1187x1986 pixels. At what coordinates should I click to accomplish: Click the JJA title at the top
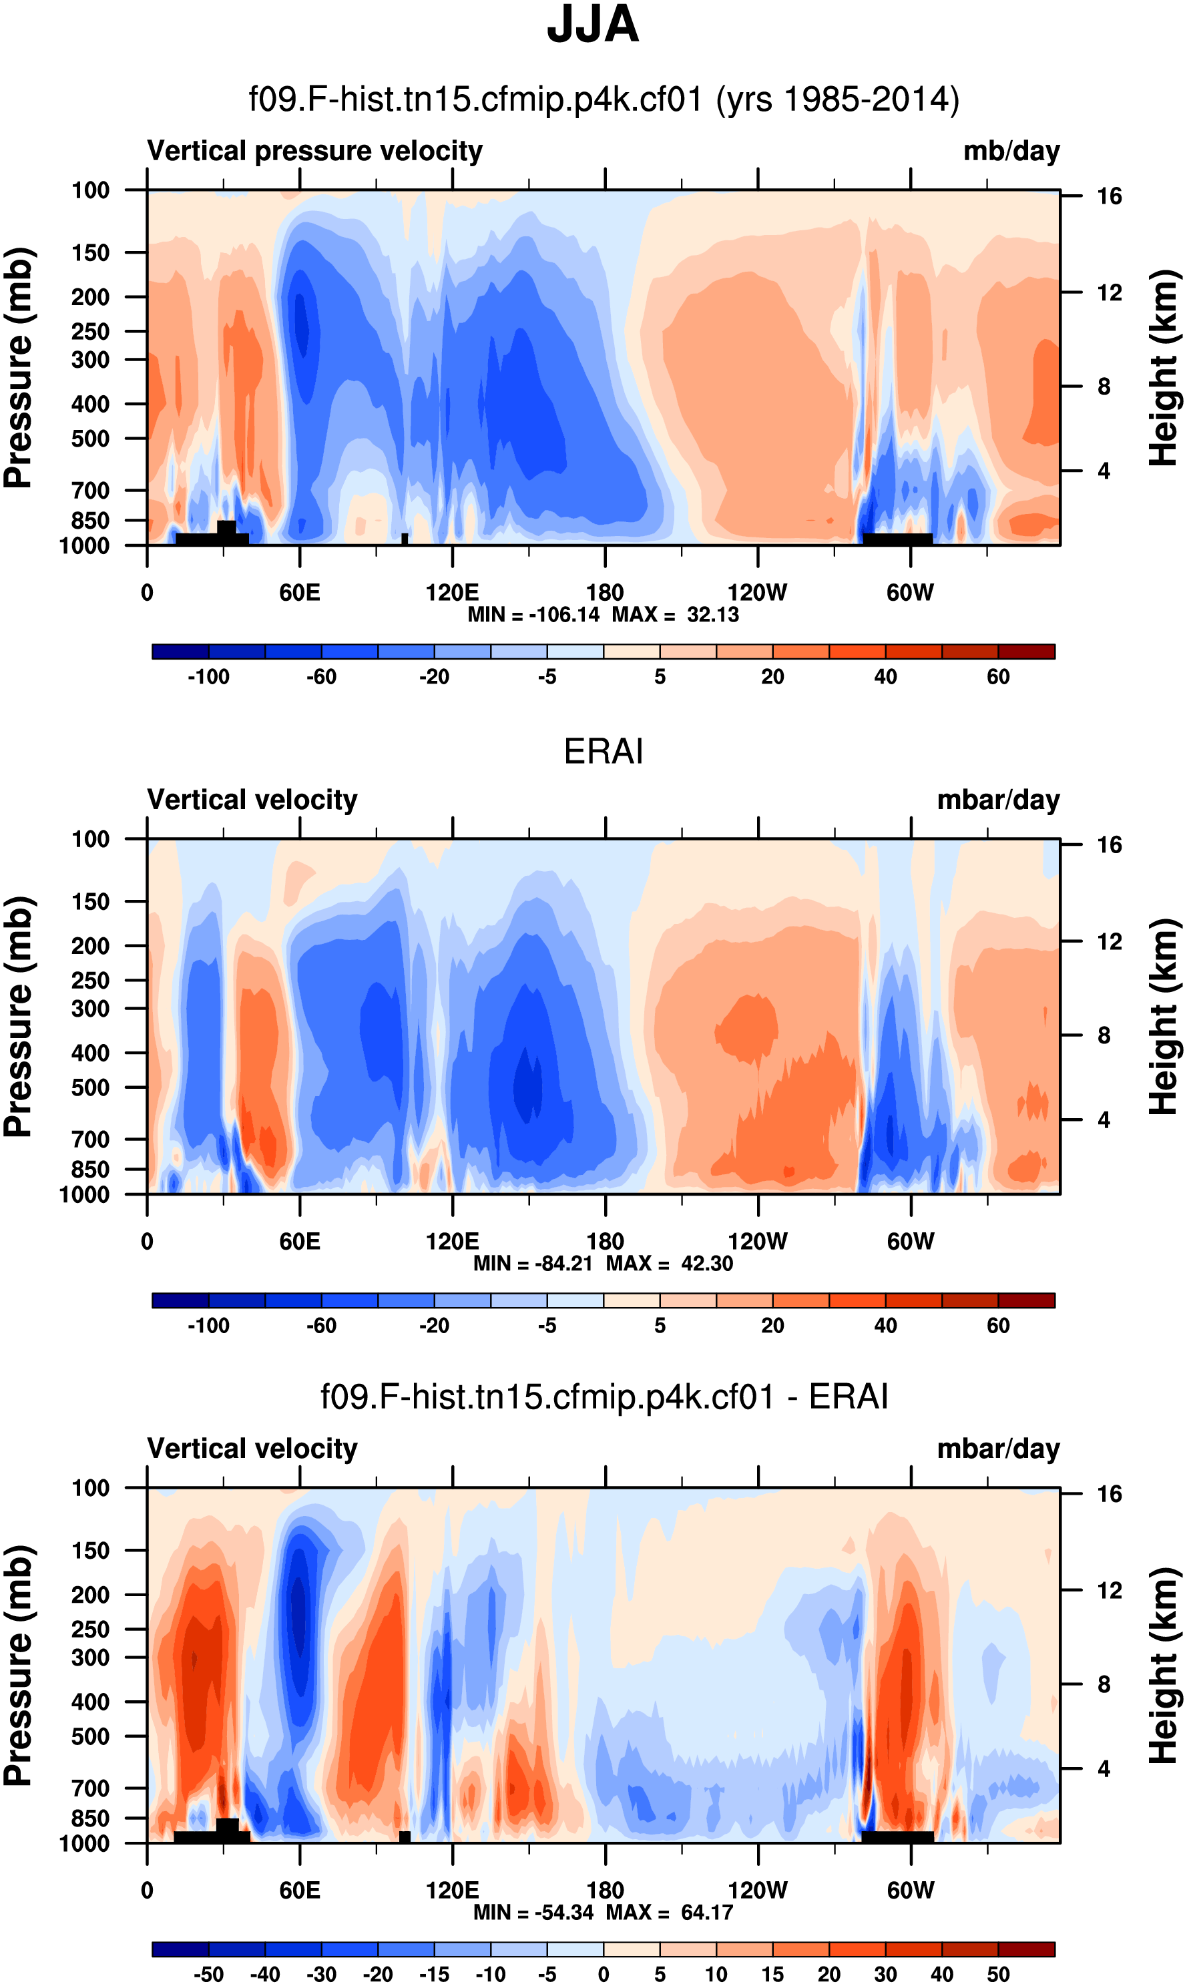593,25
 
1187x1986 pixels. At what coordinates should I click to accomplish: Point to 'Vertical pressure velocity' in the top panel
314,151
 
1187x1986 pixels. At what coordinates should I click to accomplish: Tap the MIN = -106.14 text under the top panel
533,614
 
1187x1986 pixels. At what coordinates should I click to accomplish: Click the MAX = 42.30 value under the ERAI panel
670,1263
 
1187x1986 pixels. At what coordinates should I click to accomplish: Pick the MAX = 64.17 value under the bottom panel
670,1912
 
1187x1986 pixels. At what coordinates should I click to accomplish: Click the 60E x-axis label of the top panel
300,593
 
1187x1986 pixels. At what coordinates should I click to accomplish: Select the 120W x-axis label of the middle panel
758,1242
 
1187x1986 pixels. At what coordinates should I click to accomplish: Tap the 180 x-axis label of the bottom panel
605,1890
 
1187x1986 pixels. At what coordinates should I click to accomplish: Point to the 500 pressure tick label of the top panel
89,439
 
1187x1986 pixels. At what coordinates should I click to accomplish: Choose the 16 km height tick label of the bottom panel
1109,1494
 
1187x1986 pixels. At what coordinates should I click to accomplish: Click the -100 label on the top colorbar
208,677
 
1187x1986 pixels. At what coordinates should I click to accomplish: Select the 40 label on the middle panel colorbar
885,1325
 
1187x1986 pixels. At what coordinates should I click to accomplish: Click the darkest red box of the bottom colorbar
1026,1949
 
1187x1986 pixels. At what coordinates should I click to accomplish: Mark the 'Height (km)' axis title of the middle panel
1164,1016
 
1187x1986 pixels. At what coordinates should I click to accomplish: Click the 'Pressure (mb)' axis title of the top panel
17,368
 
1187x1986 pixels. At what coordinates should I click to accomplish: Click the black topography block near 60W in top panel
897,539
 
